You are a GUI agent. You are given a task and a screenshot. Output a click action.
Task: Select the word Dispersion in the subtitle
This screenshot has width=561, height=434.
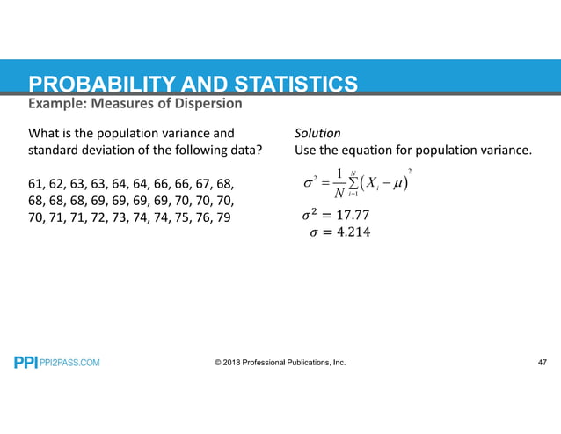coord(207,105)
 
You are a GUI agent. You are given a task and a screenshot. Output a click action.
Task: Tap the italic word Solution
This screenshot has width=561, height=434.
coord(317,134)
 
